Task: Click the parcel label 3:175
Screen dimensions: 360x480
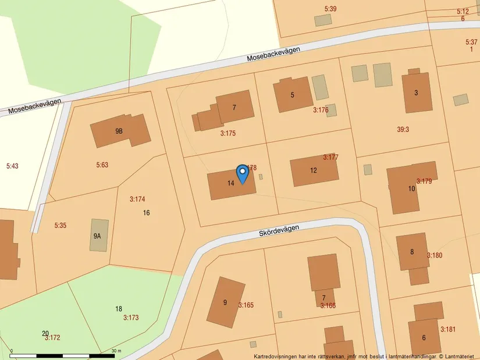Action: tap(228, 133)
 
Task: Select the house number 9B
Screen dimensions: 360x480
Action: tap(119, 131)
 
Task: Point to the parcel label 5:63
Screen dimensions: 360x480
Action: tap(102, 165)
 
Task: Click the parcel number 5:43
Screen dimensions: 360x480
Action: tap(12, 166)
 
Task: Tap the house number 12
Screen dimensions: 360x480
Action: tap(314, 170)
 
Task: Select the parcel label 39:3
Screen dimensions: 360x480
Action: tap(403, 130)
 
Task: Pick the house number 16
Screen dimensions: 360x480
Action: tap(146, 213)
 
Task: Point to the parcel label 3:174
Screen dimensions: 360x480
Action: tap(137, 199)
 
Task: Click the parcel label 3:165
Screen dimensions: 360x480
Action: tap(246, 305)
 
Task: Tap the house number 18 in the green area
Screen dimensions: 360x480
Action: tap(119, 309)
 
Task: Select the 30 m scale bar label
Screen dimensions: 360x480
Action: tap(116, 351)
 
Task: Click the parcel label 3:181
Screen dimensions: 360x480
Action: tap(448, 330)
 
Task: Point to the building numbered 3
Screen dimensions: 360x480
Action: tap(417, 92)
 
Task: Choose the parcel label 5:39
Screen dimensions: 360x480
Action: tap(330, 9)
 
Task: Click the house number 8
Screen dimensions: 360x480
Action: tap(412, 252)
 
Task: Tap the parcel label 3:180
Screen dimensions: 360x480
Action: tap(435, 255)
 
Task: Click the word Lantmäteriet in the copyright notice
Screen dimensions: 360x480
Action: tap(461, 356)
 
